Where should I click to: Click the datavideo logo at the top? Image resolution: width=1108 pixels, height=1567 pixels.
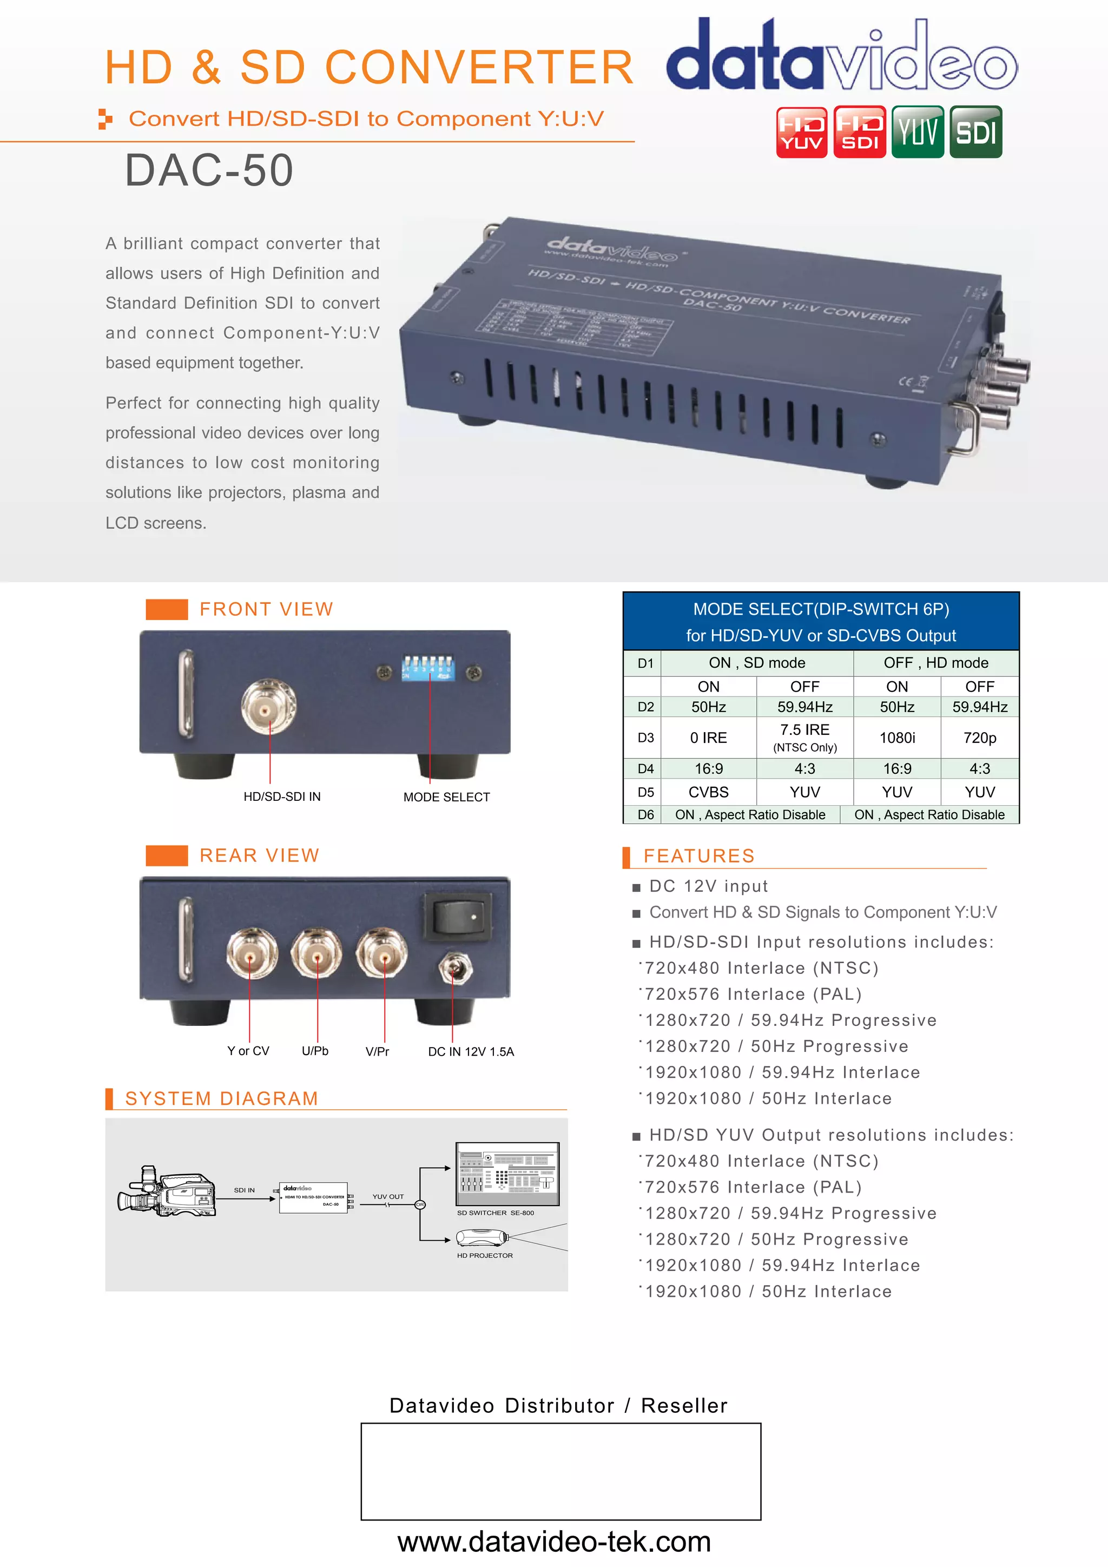point(841,56)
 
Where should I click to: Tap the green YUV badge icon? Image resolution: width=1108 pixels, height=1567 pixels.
point(918,131)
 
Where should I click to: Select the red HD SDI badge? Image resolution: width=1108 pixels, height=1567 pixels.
point(860,131)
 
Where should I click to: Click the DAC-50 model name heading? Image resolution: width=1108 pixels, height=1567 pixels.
point(209,170)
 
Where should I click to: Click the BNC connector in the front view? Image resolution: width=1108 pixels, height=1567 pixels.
point(268,710)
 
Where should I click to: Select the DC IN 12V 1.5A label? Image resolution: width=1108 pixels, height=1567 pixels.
point(471,1052)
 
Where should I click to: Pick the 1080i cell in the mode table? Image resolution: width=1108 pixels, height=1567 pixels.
point(896,738)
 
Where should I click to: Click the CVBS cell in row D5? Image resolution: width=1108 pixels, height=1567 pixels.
point(708,792)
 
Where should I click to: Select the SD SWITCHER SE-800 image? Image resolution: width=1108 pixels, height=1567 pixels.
point(507,1174)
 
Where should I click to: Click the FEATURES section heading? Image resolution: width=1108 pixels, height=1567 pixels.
point(698,856)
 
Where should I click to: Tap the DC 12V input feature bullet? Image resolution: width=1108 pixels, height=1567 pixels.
point(708,886)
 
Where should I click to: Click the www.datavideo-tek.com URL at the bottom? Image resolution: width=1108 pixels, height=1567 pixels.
point(554,1542)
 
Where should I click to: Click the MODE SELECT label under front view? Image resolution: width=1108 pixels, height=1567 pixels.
point(446,797)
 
